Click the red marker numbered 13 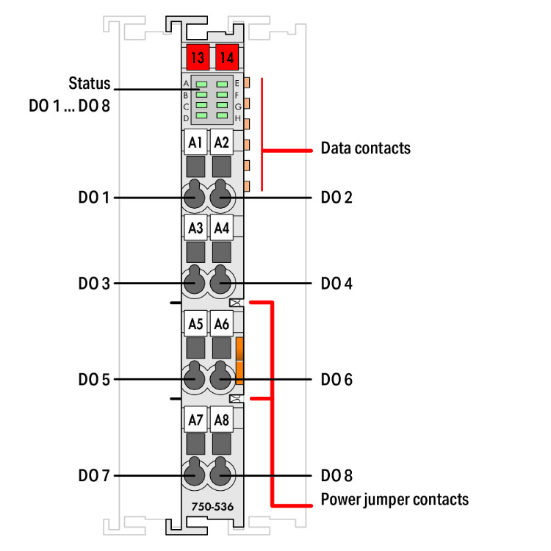pyautogui.click(x=196, y=57)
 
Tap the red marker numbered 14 pyautogui.click(x=226, y=57)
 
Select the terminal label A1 pyautogui.click(x=195, y=143)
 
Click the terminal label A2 pyautogui.click(x=221, y=143)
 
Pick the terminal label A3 pyautogui.click(x=195, y=228)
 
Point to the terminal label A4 pyautogui.click(x=221, y=228)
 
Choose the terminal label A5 pyautogui.click(x=195, y=323)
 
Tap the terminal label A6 pyautogui.click(x=221, y=323)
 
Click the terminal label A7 pyautogui.click(x=195, y=420)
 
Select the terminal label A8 pyautogui.click(x=221, y=420)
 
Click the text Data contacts pyautogui.click(x=365, y=148)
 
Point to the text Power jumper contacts pyautogui.click(x=395, y=500)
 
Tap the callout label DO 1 pyautogui.click(x=94, y=198)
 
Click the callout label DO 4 pyautogui.click(x=336, y=283)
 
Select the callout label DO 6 pyautogui.click(x=336, y=380)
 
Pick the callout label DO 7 pyautogui.click(x=94, y=476)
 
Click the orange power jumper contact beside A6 pyautogui.click(x=240, y=361)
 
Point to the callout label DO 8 pyautogui.click(x=336, y=476)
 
